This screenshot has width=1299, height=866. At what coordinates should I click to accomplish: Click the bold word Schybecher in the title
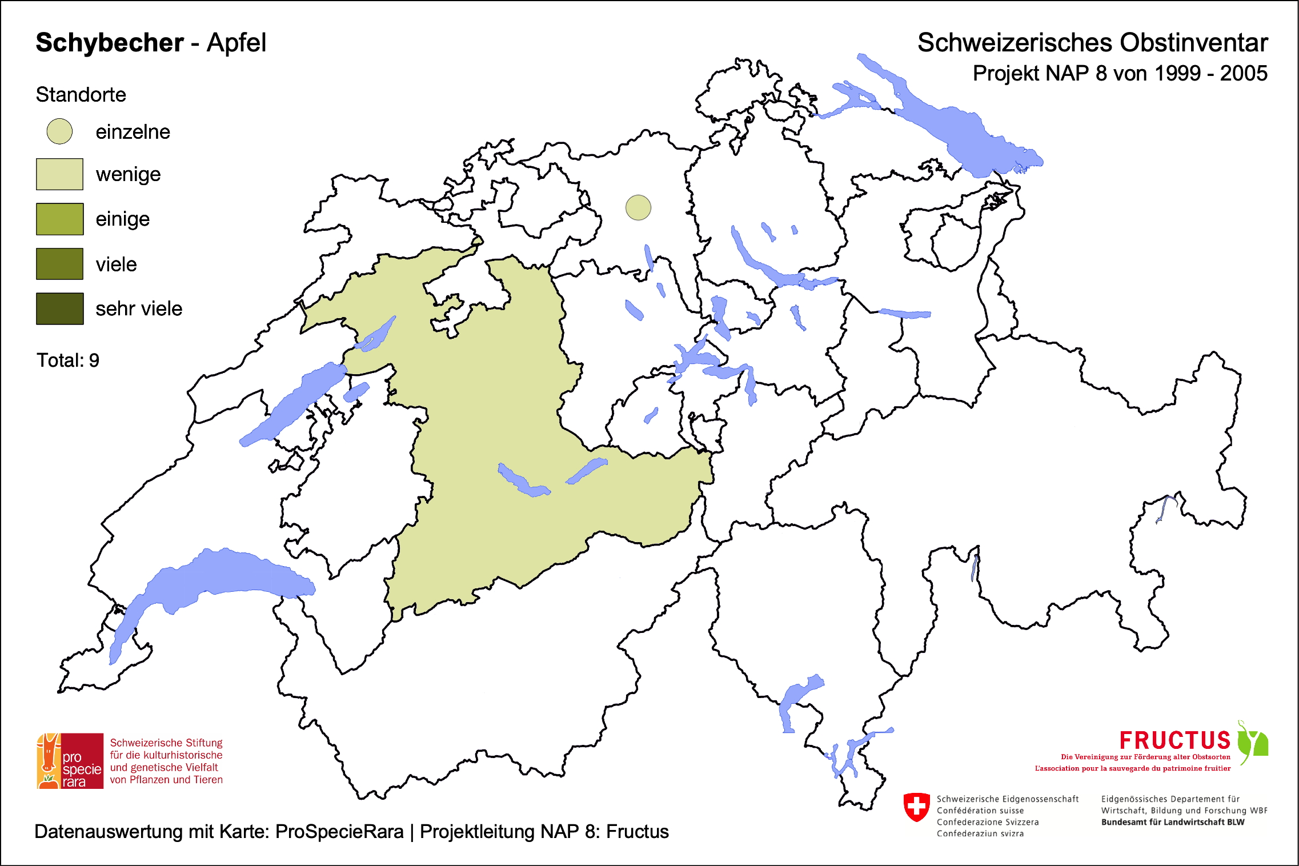tap(110, 43)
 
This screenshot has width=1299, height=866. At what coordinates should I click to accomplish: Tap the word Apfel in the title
tap(236, 43)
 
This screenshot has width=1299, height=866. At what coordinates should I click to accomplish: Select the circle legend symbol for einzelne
tap(59, 131)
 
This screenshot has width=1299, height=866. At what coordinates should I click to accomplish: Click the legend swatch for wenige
tap(59, 174)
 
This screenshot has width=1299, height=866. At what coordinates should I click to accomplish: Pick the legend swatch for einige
tap(59, 219)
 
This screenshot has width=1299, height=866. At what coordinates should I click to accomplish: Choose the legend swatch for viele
tap(59, 264)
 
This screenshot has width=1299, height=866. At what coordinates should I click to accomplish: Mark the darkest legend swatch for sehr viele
tap(59, 308)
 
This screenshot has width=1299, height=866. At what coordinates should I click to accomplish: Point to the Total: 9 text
tap(68, 360)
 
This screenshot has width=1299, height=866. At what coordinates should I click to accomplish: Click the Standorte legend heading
tap(81, 95)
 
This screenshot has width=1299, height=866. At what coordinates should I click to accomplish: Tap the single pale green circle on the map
tap(638, 207)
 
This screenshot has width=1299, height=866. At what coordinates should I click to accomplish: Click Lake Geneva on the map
tap(228, 577)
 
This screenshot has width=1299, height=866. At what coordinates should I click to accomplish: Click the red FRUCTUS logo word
tap(1174, 740)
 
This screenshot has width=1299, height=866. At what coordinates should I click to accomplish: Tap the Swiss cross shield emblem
tap(916, 807)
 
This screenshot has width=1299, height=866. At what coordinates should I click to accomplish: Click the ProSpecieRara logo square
tap(70, 761)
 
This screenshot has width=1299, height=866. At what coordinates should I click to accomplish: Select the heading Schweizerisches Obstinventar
tap(1092, 43)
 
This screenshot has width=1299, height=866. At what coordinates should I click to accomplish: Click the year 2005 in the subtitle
tap(1244, 74)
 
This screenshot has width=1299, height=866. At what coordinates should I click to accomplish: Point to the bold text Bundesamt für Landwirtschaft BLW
tap(1172, 822)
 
